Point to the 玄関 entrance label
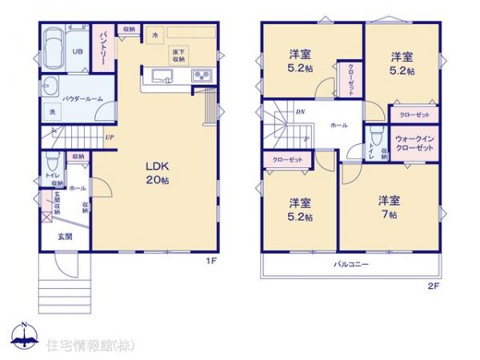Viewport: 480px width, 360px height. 65,237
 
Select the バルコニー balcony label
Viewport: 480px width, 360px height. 350,263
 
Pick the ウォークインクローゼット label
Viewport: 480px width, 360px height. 415,144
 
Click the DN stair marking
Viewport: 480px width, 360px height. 298,112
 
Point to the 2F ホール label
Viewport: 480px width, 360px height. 338,126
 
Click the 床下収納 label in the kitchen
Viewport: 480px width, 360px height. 179,55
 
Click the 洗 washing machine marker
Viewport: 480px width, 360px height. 51,112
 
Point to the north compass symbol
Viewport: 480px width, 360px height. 24,336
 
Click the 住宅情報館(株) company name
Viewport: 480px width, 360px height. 80,345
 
